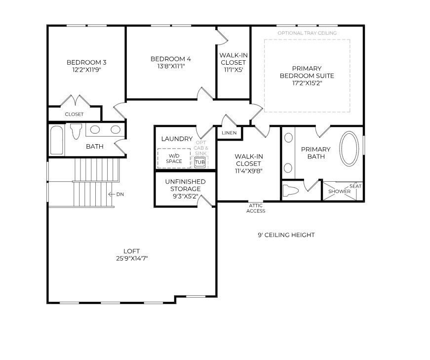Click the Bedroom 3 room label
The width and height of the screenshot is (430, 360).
click(x=86, y=62)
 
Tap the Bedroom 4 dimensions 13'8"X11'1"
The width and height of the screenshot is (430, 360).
click(x=171, y=66)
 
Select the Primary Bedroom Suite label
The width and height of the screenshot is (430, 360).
click(x=307, y=72)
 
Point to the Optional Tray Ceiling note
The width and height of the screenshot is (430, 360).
click(x=307, y=33)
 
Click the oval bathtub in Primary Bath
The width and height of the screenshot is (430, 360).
click(x=349, y=149)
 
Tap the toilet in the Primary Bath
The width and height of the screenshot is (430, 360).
click(x=291, y=190)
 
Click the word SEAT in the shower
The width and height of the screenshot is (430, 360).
click(x=355, y=186)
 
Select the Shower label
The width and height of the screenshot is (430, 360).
click(x=339, y=191)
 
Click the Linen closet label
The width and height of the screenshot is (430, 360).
click(x=229, y=133)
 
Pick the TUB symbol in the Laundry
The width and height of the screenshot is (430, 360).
click(x=199, y=162)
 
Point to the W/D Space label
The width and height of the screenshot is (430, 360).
click(x=174, y=159)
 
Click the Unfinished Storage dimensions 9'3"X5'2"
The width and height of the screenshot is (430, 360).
click(x=186, y=196)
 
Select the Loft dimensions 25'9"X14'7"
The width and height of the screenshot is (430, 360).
click(x=132, y=258)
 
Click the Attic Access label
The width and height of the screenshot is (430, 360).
click(x=256, y=208)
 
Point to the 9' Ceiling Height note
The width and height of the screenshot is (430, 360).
click(x=286, y=235)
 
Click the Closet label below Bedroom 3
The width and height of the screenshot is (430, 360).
click(x=74, y=114)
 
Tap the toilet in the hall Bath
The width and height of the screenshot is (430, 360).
click(x=76, y=131)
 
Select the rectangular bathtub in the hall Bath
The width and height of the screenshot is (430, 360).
click(x=57, y=140)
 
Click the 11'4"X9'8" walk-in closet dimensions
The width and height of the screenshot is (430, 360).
click(x=249, y=171)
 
